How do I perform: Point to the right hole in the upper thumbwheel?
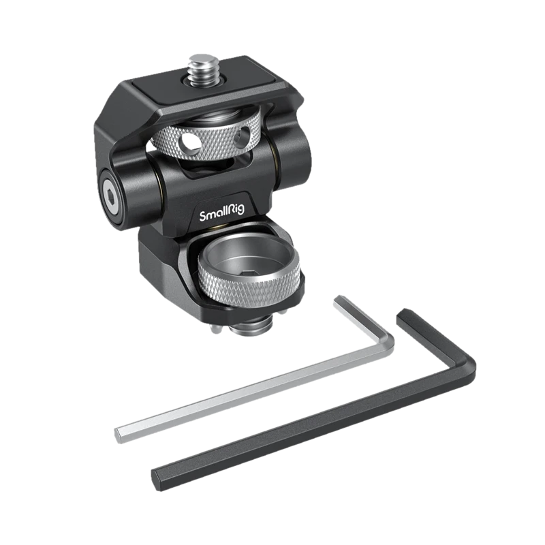point(242,135)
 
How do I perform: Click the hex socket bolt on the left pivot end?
point(112,199)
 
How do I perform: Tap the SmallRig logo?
point(222,213)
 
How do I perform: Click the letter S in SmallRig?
point(203,215)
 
